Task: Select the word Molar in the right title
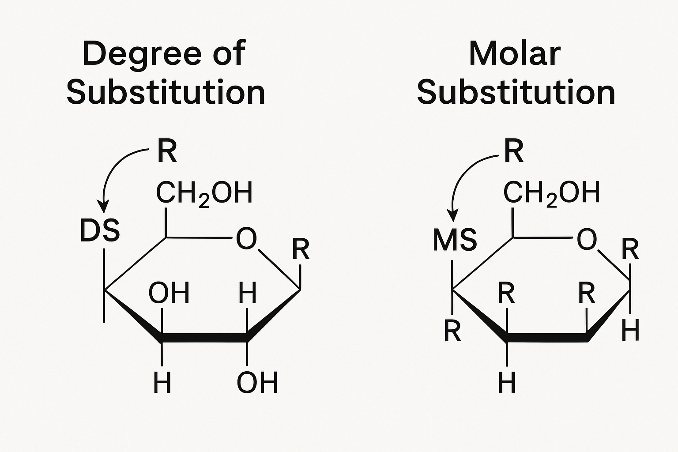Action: point(514,54)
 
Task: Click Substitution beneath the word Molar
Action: point(516,93)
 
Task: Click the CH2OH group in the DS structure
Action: point(204,193)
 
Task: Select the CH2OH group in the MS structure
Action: point(552,193)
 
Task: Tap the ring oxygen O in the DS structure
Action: point(246,238)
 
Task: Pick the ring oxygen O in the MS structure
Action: point(587,240)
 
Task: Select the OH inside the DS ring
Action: point(169,293)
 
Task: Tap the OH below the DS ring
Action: point(257,383)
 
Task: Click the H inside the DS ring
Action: point(247,293)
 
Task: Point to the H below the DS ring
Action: point(162,383)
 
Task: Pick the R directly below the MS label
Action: point(452,331)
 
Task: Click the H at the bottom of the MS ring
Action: point(507,383)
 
